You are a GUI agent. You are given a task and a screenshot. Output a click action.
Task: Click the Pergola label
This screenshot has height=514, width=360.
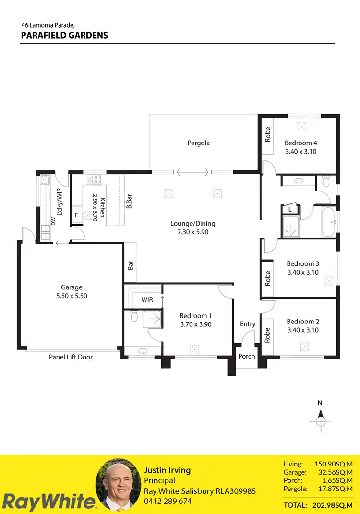tap(198, 143)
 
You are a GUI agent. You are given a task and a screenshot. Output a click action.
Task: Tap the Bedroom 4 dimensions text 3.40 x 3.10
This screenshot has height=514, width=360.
tap(300, 152)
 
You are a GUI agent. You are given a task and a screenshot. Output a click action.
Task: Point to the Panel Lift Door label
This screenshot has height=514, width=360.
tap(71, 357)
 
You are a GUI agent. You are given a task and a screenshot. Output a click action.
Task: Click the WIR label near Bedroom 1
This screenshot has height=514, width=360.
tap(147, 299)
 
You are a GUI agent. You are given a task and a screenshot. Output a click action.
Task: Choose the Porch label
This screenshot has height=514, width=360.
tap(247, 356)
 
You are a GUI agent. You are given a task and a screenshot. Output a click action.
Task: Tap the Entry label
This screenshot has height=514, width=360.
tap(248, 324)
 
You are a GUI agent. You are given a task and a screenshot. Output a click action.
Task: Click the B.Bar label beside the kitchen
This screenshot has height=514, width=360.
tap(129, 201)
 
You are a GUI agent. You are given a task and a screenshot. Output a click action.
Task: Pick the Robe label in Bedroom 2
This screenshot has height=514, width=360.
tap(268, 335)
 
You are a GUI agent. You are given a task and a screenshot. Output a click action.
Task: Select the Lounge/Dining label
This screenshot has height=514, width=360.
tap(192, 223)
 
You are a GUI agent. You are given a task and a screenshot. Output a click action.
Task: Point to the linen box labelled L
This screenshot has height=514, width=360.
tap(290, 209)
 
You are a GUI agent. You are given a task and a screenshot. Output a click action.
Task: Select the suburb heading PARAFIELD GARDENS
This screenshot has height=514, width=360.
tap(64, 36)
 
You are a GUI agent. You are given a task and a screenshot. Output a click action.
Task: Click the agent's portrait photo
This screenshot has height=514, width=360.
tap(118, 485)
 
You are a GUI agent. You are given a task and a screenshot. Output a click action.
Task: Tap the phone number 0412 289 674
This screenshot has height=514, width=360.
tap(168, 501)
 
